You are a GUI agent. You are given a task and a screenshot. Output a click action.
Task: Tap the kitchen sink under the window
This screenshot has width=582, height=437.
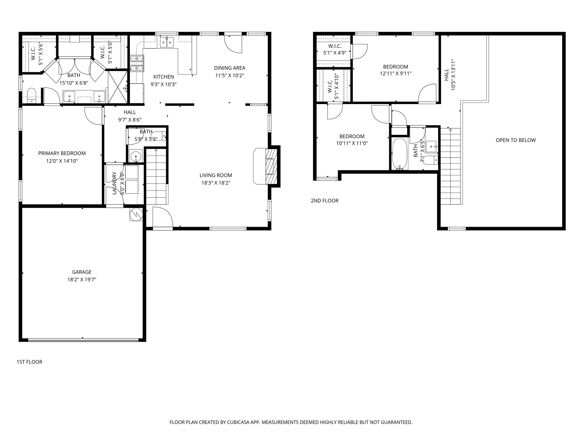(x=167, y=42)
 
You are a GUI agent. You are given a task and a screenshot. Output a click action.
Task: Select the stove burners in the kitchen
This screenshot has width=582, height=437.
(x=137, y=63)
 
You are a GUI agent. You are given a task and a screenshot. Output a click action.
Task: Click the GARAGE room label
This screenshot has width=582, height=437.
(x=82, y=272)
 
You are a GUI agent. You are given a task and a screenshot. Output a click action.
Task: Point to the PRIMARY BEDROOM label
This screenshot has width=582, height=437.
(x=62, y=153)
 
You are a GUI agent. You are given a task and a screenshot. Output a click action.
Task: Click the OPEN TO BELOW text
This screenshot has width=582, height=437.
(x=516, y=140)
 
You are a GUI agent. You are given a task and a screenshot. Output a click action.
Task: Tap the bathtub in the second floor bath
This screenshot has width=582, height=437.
(x=400, y=154)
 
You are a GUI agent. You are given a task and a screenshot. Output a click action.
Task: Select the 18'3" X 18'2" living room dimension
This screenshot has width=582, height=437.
(x=216, y=183)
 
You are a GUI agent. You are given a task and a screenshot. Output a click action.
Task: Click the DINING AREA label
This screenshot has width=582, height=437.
(x=230, y=68)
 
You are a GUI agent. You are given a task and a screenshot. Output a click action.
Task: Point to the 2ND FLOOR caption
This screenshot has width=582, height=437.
(x=325, y=201)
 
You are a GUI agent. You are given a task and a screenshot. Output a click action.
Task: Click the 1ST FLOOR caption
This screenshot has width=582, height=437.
(x=30, y=362)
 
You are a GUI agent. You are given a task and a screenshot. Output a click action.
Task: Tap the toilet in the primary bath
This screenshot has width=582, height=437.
(x=32, y=95)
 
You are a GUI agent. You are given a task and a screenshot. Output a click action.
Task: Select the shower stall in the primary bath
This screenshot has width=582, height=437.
(x=118, y=87)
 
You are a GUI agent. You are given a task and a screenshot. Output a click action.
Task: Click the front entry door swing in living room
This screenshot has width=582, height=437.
(x=163, y=217)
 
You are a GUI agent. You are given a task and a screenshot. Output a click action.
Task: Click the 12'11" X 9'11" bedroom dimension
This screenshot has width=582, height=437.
(x=396, y=73)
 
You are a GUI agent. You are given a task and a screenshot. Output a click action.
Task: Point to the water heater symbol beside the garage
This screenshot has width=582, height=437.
(x=136, y=214)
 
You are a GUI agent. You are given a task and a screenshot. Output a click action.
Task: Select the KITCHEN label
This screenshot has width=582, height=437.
(x=164, y=77)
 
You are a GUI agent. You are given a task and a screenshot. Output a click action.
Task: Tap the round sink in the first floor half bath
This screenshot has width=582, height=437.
(x=136, y=156)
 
